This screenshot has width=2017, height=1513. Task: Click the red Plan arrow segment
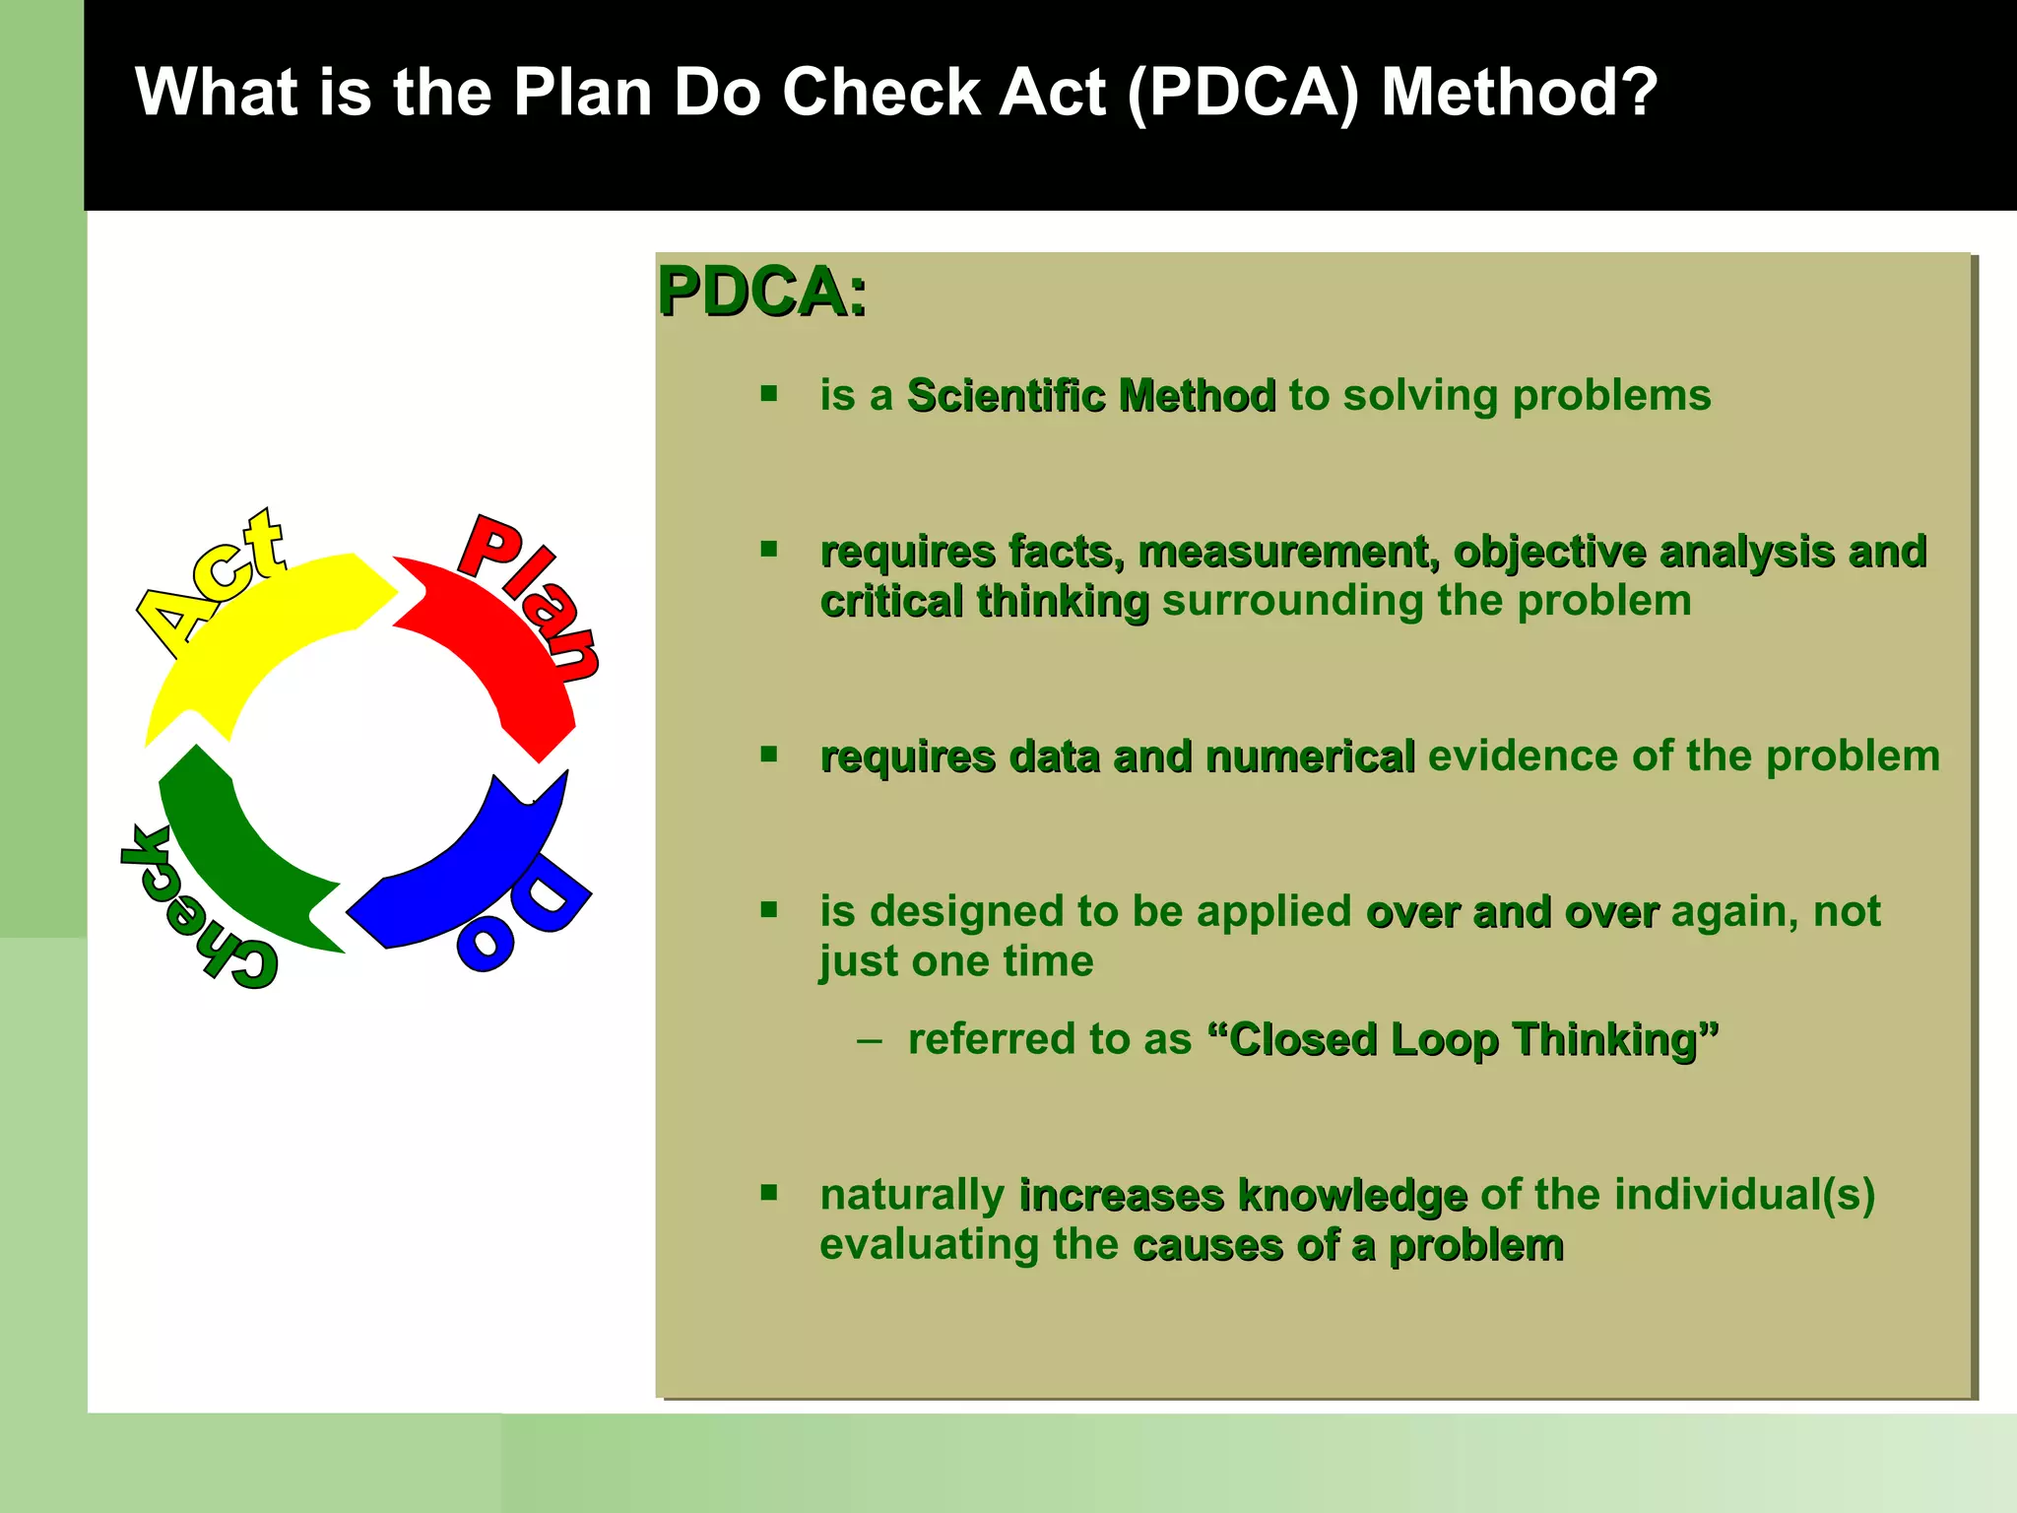492,650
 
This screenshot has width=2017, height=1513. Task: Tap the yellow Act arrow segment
266,630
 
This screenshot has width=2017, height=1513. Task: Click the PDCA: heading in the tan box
762,293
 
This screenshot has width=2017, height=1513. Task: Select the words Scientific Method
1090,396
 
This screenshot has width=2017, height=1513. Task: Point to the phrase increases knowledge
1243,1195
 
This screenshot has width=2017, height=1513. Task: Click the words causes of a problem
1347,1245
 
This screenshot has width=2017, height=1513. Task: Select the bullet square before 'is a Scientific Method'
769,394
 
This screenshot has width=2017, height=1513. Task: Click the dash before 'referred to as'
869,1040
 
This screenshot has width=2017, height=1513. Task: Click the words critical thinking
984,601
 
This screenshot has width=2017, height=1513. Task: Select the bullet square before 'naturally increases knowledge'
769,1193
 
